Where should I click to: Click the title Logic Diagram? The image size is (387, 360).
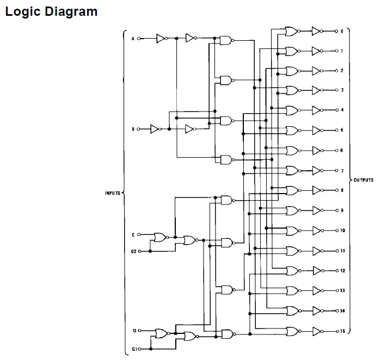click(x=51, y=11)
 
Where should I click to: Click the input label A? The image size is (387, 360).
click(x=132, y=39)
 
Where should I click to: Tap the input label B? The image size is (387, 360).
click(x=132, y=129)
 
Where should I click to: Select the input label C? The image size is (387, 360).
click(x=132, y=235)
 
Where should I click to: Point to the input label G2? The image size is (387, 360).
click(x=133, y=251)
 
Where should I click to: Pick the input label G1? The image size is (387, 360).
click(x=133, y=349)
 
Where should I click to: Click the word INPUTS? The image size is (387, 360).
click(x=112, y=193)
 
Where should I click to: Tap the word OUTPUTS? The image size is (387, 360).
click(x=363, y=180)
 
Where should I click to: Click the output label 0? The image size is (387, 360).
click(x=342, y=32)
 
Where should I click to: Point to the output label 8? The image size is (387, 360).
click(x=342, y=190)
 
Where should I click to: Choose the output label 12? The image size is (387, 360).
click(x=342, y=271)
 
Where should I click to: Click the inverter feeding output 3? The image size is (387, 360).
click(x=316, y=91)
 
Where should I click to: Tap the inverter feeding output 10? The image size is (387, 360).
click(x=316, y=231)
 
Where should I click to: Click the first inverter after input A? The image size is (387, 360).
click(x=160, y=38)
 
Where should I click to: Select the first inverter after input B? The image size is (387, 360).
click(x=155, y=129)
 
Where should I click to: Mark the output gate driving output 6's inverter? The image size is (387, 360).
click(x=292, y=151)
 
